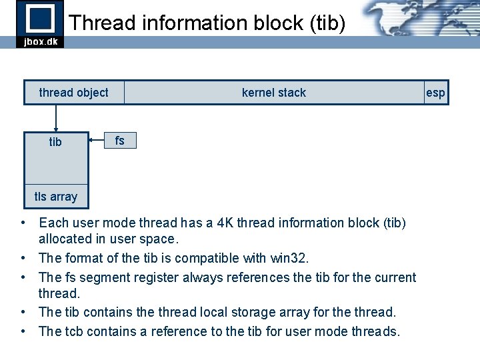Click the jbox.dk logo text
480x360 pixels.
(40, 41)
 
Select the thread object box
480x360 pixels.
(73, 93)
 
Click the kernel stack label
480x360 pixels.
(273, 93)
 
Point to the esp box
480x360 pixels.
(435, 93)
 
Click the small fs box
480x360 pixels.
(120, 141)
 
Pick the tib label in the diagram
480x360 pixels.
(55, 142)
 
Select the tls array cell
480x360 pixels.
(56, 197)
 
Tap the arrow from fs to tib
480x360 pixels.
(97, 141)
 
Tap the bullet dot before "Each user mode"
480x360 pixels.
(23, 223)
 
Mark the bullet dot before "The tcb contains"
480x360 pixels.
(23, 331)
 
